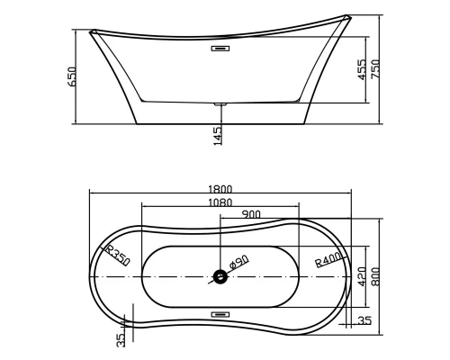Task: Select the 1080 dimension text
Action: tap(221, 202)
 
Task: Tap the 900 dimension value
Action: tap(250, 215)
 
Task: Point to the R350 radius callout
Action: tap(118, 255)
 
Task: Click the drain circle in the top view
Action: tap(220, 277)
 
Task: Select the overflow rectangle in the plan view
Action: tap(220, 314)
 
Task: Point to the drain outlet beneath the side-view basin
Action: tap(220, 104)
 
